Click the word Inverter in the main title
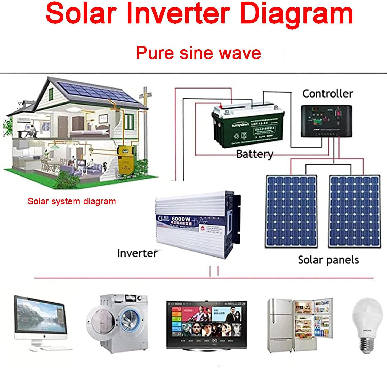178,13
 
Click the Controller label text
328,94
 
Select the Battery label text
255,154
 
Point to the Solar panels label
328,260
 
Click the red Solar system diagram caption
71,201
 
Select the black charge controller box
326,121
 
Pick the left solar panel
291,211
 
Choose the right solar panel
354,211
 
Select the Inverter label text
137,253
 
